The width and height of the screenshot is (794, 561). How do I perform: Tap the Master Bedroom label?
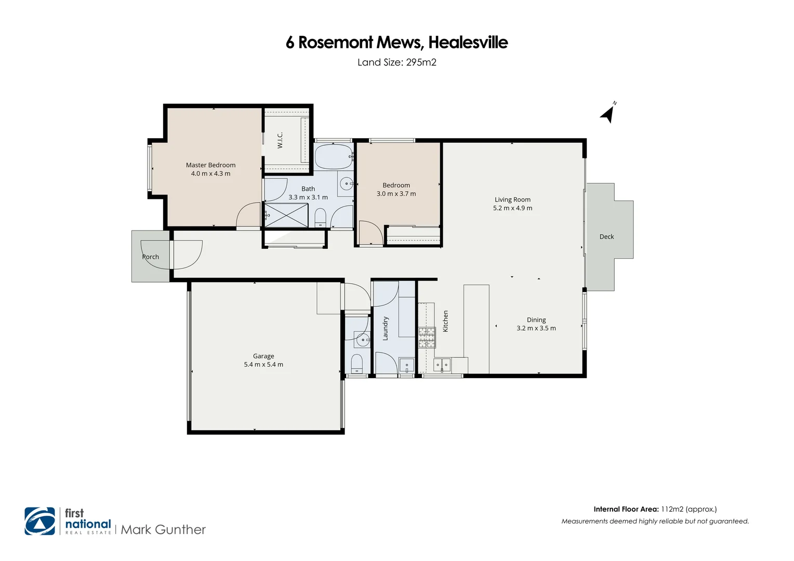pyautogui.click(x=210, y=165)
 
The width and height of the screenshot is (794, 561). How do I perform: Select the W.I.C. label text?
pyautogui.click(x=280, y=140)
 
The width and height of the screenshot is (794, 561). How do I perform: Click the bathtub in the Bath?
pyautogui.click(x=334, y=156)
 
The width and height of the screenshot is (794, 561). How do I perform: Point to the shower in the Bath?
pyautogui.click(x=286, y=215)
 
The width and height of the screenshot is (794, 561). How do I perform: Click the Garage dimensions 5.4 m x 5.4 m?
pyautogui.click(x=263, y=365)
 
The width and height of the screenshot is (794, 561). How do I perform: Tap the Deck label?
pyautogui.click(x=606, y=237)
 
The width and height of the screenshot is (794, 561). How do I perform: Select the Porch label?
pyautogui.click(x=151, y=257)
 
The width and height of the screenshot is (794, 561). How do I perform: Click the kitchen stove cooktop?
pyautogui.click(x=427, y=338)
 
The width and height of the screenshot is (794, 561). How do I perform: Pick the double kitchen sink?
pyautogui.click(x=442, y=365)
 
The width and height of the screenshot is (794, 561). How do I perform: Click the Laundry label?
pyautogui.click(x=386, y=328)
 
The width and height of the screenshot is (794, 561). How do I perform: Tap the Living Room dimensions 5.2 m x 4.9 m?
pyautogui.click(x=512, y=208)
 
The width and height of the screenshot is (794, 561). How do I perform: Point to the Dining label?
pyautogui.click(x=536, y=320)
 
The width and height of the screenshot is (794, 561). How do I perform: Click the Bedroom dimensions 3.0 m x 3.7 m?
pyautogui.click(x=396, y=194)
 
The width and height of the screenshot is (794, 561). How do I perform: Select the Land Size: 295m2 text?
pyautogui.click(x=397, y=62)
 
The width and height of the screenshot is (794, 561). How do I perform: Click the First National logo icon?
pyautogui.click(x=40, y=521)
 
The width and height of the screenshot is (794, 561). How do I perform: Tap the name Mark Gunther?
pyautogui.click(x=163, y=530)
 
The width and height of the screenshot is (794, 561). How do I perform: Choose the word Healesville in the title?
pyautogui.click(x=468, y=43)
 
